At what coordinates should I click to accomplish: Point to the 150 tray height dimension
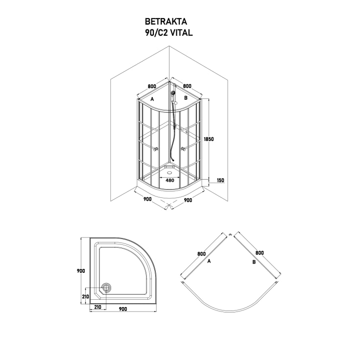coord(220,181)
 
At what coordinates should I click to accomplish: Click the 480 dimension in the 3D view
coord(170,180)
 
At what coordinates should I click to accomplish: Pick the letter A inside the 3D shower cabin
coord(152,99)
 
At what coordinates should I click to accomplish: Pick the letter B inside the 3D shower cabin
coord(186,98)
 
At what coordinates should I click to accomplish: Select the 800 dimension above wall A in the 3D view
coord(151,86)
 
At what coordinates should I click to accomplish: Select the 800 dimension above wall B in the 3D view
coord(187,86)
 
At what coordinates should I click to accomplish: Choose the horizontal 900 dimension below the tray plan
coord(122,309)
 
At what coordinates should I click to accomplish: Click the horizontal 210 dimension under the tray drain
coord(98,307)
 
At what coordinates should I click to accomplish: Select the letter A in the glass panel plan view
coord(209,262)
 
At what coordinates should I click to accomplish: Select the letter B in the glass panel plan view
coord(254,262)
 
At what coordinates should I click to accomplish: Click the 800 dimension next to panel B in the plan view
coord(260,253)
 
